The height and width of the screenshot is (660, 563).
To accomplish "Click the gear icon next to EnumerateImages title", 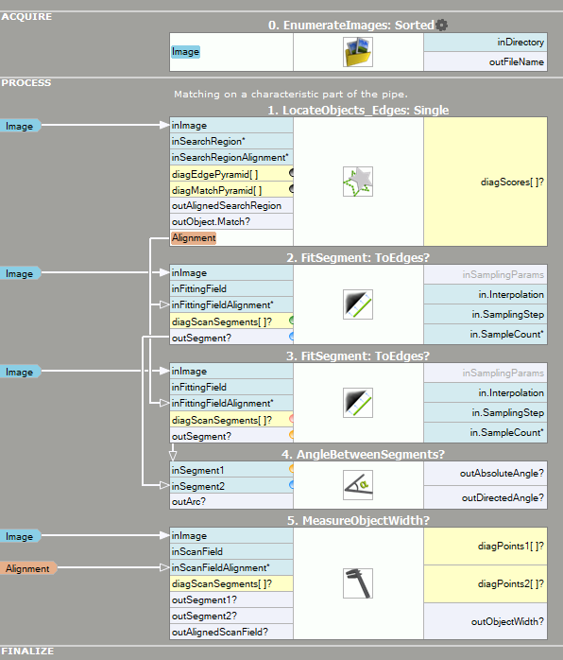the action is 441,26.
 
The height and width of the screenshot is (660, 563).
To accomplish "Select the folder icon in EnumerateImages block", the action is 358,52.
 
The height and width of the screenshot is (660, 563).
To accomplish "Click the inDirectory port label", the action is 520,43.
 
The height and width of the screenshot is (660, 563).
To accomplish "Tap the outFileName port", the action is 517,61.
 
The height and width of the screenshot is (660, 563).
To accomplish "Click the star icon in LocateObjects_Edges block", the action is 358,182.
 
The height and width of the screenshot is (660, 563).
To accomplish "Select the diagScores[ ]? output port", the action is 512,182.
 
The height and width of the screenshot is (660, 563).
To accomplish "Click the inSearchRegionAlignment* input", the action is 230,157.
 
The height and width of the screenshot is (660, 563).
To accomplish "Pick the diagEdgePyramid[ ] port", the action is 214,174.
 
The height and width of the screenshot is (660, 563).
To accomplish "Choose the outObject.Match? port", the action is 211,221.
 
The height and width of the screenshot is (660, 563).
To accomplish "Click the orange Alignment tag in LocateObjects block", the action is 194,238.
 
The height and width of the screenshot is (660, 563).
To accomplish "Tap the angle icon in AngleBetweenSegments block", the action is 358,485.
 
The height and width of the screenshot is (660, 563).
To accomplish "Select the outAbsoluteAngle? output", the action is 502,473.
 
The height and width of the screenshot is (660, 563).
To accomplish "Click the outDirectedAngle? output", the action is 503,498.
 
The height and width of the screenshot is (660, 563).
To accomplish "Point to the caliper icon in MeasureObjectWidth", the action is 358,583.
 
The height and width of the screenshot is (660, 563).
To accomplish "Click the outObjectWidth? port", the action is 507,621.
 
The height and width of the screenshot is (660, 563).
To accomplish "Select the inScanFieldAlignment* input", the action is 220,568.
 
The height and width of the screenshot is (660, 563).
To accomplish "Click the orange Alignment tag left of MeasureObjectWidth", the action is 27,568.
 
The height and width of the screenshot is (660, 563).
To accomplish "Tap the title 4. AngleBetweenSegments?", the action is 363,455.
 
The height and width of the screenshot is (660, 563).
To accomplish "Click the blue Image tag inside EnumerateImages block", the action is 185,52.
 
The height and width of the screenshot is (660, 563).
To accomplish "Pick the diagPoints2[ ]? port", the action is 511,583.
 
